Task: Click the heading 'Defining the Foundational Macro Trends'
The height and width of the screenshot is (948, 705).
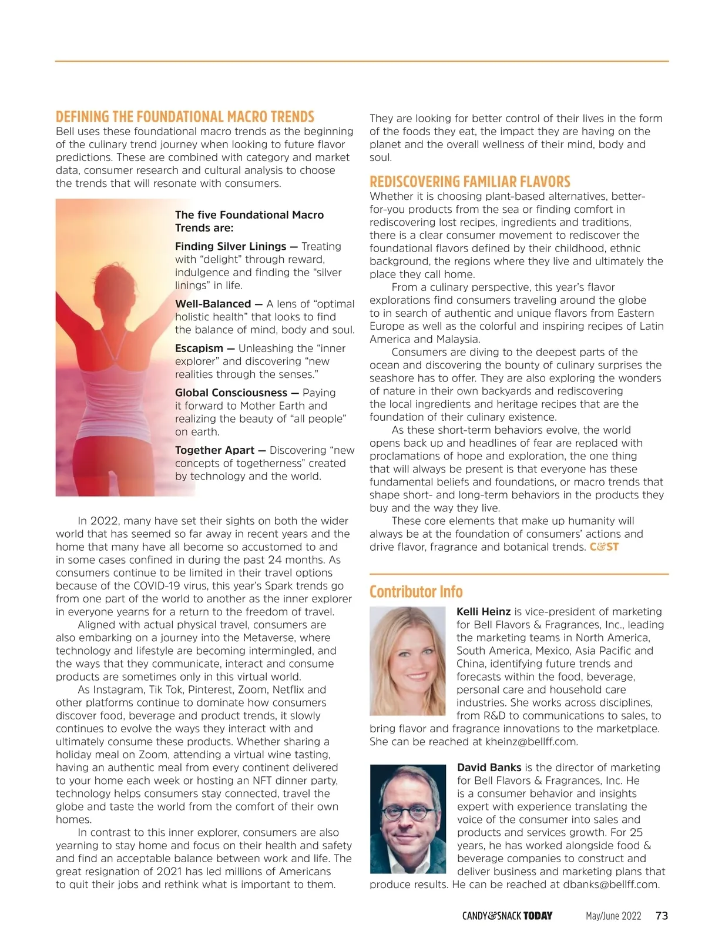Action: pyautogui.click(x=185, y=116)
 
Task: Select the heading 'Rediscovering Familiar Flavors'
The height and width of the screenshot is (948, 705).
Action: pyautogui.click(x=470, y=182)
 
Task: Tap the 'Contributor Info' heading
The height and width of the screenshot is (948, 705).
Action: pyautogui.click(x=416, y=591)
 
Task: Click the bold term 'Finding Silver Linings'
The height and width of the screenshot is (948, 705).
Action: pyautogui.click(x=230, y=246)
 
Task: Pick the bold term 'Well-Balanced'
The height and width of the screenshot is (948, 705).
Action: pyautogui.click(x=213, y=304)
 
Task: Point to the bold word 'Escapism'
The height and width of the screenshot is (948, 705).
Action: pyautogui.click(x=199, y=348)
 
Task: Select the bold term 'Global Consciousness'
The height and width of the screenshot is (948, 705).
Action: pyautogui.click(x=231, y=393)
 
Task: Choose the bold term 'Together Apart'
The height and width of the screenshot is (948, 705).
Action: pyautogui.click(x=214, y=450)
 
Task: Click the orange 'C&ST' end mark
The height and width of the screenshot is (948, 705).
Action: pyautogui.click(x=604, y=547)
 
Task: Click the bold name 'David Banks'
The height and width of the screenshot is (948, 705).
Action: pyautogui.click(x=489, y=768)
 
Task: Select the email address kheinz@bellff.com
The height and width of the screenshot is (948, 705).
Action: pyautogui.click(x=531, y=742)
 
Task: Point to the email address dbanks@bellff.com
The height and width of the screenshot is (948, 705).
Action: pyautogui.click(x=611, y=885)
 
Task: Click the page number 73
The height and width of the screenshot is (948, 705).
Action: pyautogui.click(x=662, y=916)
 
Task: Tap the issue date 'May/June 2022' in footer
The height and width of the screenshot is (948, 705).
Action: pyautogui.click(x=613, y=916)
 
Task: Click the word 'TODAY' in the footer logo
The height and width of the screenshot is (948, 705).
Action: pyautogui.click(x=538, y=916)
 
